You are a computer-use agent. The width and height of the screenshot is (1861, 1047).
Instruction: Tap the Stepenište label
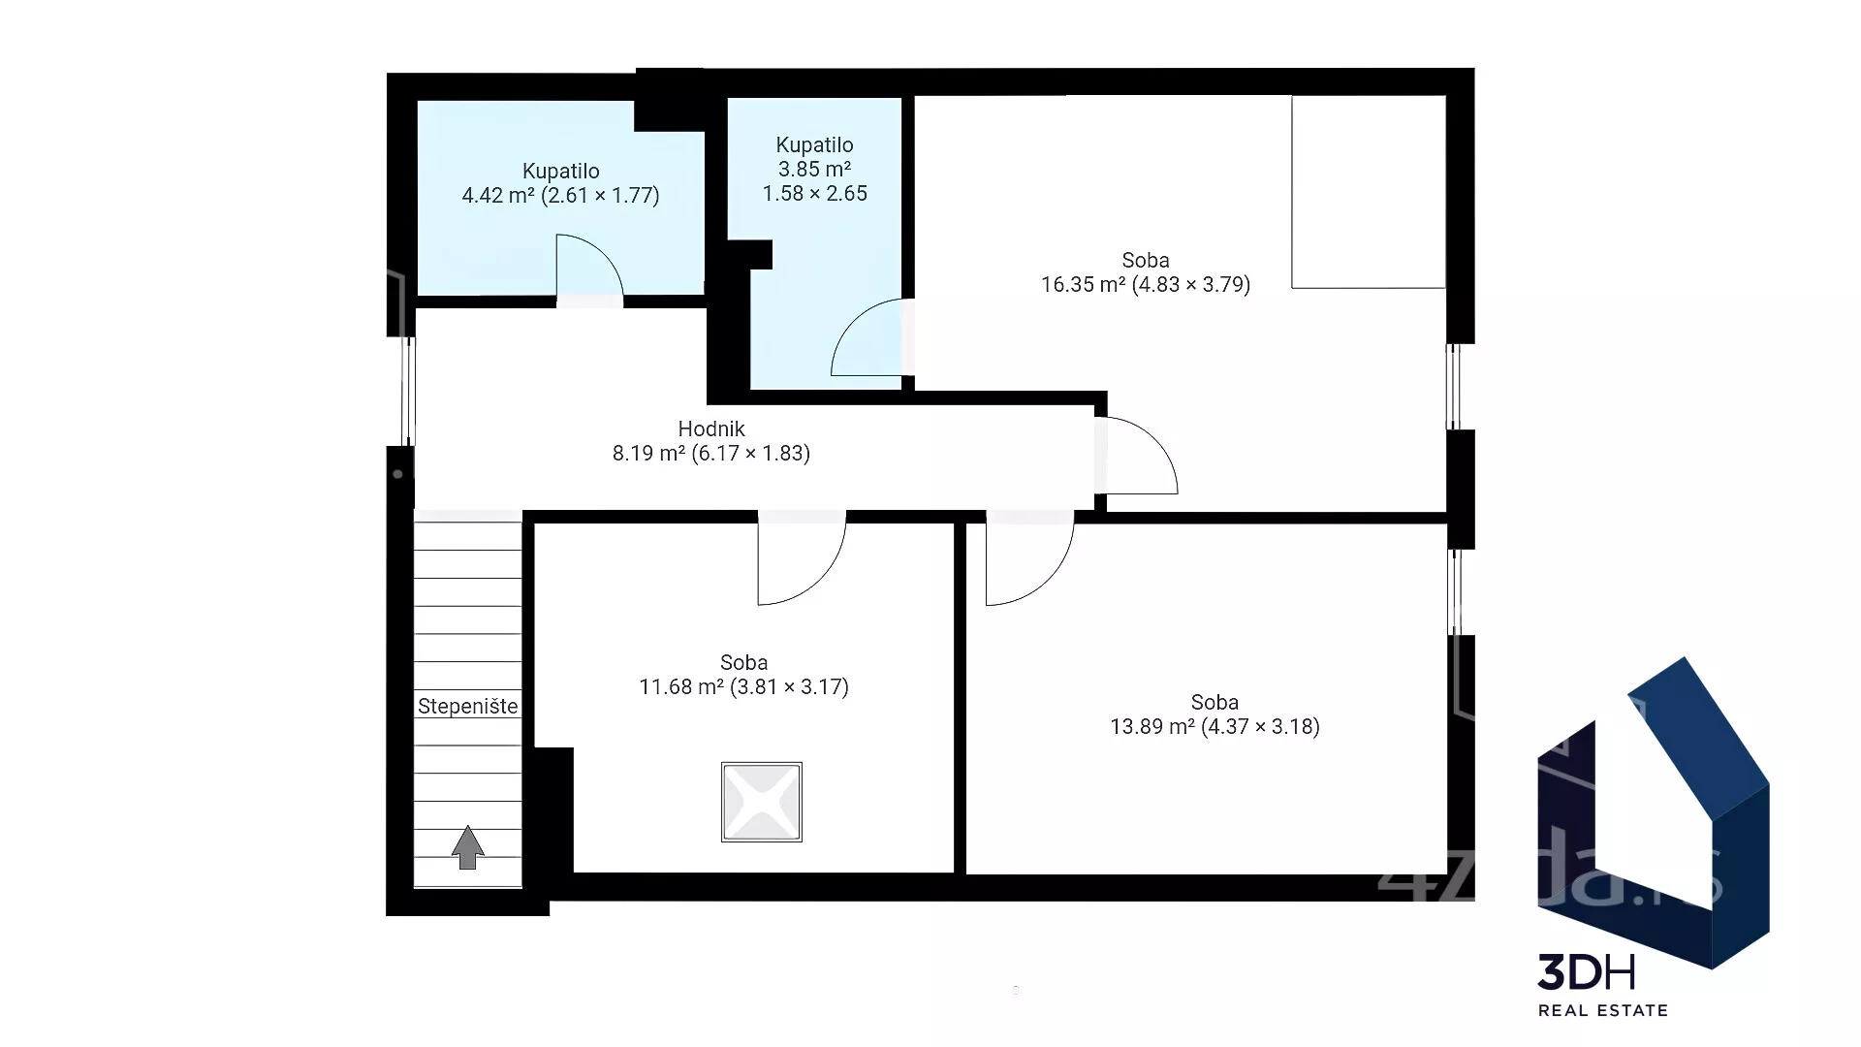coord(468,707)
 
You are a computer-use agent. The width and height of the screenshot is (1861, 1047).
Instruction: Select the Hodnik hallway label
coord(711,428)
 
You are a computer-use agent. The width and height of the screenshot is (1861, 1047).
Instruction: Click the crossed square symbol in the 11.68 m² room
coord(762,802)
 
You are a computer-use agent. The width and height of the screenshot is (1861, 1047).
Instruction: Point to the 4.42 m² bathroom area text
coord(560,196)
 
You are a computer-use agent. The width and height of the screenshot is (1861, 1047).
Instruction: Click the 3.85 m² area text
coord(814,170)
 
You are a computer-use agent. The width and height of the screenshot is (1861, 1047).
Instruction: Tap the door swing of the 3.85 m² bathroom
coord(867,337)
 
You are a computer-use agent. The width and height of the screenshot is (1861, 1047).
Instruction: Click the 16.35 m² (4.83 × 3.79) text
coord(1146,285)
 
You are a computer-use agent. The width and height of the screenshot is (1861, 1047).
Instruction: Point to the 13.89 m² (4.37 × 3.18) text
coord(1214,727)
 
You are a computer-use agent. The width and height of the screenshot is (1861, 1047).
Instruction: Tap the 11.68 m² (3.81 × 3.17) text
coord(743,687)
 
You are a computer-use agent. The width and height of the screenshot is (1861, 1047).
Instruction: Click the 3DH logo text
coord(1587,972)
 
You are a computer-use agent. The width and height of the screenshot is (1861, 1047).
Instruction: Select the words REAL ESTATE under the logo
coord(1603,1010)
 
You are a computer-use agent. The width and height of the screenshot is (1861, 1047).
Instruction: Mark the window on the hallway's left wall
coord(409,391)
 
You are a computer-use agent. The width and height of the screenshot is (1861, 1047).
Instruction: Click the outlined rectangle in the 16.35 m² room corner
coord(1369,192)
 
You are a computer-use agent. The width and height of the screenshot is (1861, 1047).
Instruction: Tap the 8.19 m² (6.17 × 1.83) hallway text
coord(711,454)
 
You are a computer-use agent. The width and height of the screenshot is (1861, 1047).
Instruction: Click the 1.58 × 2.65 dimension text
coord(814,194)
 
